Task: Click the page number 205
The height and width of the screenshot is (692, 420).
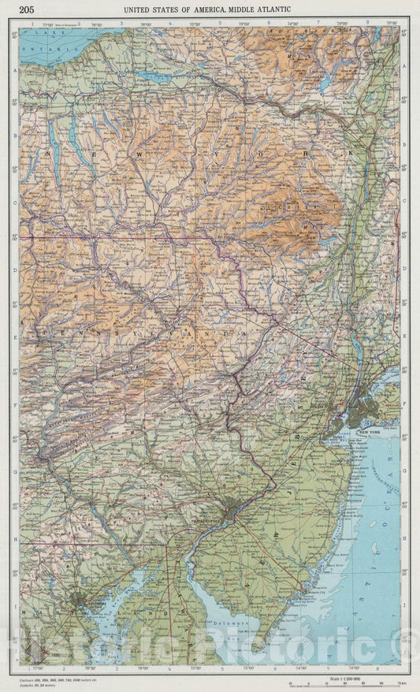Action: pyautogui.click(x=27, y=9)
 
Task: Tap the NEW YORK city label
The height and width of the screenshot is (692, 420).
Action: pyautogui.click(x=370, y=433)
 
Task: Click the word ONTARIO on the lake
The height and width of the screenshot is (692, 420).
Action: pyautogui.click(x=36, y=49)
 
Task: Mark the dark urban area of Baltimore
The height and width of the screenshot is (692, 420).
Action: pyautogui.click(x=78, y=603)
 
